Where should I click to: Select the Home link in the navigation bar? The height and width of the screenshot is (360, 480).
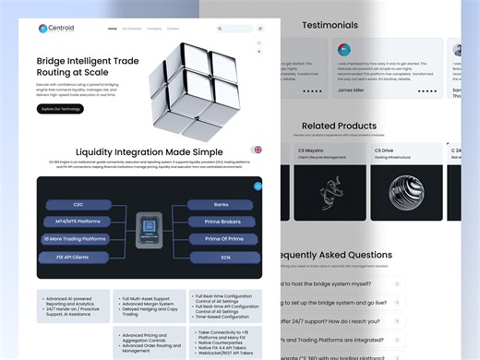pos(113,29)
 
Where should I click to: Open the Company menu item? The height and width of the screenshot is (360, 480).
pos(154,29)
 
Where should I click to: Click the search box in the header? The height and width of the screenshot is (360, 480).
pos(236,29)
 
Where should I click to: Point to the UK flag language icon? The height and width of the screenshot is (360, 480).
pos(257,150)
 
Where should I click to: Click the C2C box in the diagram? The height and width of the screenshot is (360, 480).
pos(79,205)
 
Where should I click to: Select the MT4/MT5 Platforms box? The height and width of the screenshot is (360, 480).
pos(79,222)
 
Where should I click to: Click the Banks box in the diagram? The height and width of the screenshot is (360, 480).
pos(221,205)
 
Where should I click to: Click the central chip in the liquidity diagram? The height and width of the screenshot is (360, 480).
pos(150,231)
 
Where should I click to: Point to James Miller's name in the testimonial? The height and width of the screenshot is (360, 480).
pos(351,90)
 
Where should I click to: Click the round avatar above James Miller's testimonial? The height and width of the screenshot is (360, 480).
pos(344,49)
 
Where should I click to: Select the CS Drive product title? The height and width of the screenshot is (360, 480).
pos(384,150)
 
